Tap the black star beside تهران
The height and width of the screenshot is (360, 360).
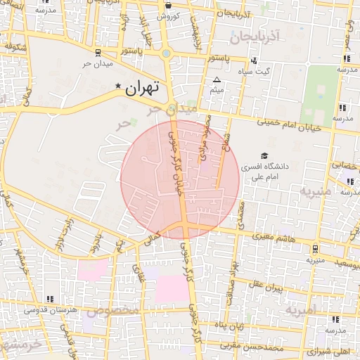[118, 86]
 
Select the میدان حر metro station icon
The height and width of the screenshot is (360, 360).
[97, 53]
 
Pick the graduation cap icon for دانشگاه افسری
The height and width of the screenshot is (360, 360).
[264, 156]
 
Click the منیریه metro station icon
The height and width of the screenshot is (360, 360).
[314, 248]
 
